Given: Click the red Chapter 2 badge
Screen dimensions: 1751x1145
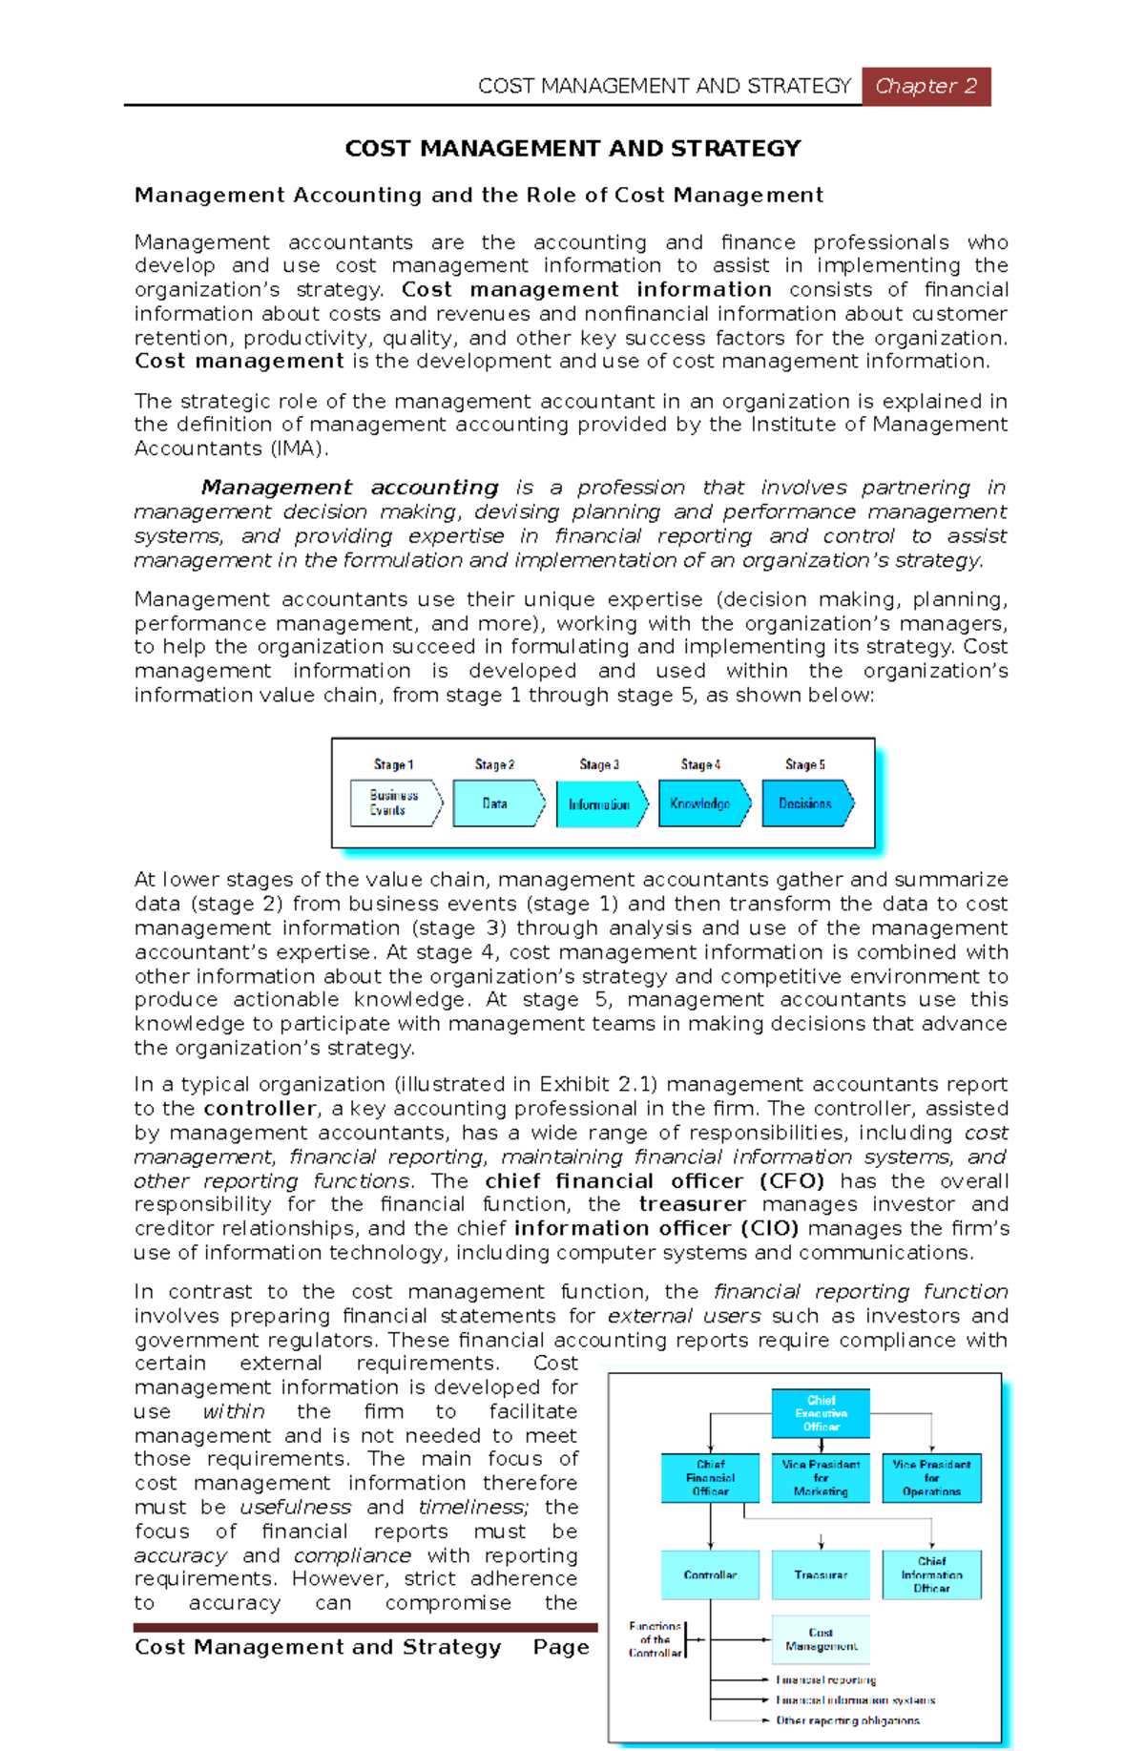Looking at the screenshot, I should coord(926,86).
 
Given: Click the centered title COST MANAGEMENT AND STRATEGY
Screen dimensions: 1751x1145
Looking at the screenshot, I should coord(572,148).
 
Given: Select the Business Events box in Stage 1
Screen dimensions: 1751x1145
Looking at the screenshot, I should coord(394,803).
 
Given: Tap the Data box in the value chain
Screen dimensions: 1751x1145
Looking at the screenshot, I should coord(496,803).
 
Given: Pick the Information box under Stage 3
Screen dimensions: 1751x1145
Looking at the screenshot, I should coord(599,804).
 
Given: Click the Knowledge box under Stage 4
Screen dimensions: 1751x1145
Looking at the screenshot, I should coord(700,803).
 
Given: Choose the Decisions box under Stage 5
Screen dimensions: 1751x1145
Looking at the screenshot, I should coord(805,803).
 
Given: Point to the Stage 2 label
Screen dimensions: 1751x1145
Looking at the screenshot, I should coord(494,764).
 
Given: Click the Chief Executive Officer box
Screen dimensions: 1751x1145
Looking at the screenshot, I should coord(821,1413).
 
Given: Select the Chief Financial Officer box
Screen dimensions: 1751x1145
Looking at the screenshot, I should coord(710,1477).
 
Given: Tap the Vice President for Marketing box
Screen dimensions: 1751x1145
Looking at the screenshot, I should coord(821,1477).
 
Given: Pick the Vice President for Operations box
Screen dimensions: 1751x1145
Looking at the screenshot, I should coord(931,1477).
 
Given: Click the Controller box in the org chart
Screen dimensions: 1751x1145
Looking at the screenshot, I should coord(710,1574).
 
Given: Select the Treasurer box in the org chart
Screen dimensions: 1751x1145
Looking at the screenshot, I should coord(821,1574).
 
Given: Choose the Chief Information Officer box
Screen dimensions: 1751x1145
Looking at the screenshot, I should coord(931,1574).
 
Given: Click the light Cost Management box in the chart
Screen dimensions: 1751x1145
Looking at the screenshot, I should coord(821,1639).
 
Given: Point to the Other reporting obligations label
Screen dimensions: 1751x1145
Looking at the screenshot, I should coord(847,1720).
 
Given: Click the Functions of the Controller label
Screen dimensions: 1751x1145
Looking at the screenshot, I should coord(655,1639).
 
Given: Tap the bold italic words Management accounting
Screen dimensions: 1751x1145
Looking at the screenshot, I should coord(349,488).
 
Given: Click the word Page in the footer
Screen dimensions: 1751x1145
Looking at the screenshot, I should coord(561,1647).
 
